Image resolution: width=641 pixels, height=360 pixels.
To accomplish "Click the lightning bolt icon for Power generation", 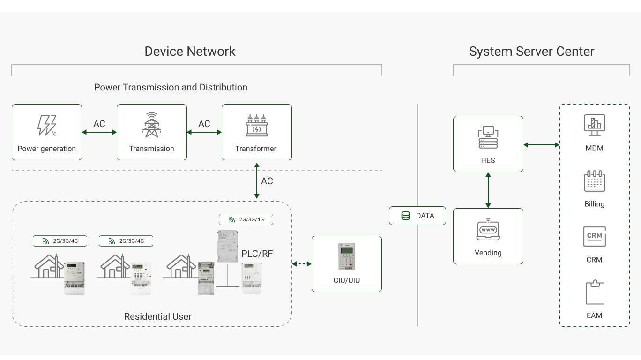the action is [x=47, y=125].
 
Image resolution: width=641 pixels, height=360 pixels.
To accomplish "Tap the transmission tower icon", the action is [x=152, y=125].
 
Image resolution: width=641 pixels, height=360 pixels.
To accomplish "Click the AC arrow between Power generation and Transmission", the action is [x=99, y=132].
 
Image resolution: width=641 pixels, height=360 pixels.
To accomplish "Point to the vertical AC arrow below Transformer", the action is [x=257, y=180].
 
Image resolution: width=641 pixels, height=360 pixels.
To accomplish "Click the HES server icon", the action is [x=488, y=137].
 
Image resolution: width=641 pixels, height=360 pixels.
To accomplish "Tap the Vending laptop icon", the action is [x=488, y=230].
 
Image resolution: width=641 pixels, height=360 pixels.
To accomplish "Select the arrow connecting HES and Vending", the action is [x=488, y=190].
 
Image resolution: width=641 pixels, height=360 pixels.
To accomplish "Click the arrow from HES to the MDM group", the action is [x=541, y=145].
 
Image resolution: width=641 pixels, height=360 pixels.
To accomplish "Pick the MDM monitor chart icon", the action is [x=594, y=125].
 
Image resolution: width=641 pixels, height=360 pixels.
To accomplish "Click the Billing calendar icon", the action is [x=594, y=181].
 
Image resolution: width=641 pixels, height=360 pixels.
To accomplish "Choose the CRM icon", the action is [x=594, y=236].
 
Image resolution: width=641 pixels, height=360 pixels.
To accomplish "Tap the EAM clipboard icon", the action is [x=595, y=292].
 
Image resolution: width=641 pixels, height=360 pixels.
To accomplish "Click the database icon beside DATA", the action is [x=405, y=216].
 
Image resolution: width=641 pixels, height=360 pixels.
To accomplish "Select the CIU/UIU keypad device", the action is [x=347, y=257].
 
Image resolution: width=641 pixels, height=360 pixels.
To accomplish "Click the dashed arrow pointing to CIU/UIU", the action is [x=302, y=264].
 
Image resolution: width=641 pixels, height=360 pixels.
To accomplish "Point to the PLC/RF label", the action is [x=257, y=254].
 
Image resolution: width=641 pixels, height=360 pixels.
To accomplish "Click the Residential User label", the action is [x=158, y=316].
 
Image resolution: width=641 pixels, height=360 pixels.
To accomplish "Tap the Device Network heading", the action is [x=190, y=52].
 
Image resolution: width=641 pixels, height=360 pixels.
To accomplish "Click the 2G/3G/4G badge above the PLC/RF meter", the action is [x=246, y=219].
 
